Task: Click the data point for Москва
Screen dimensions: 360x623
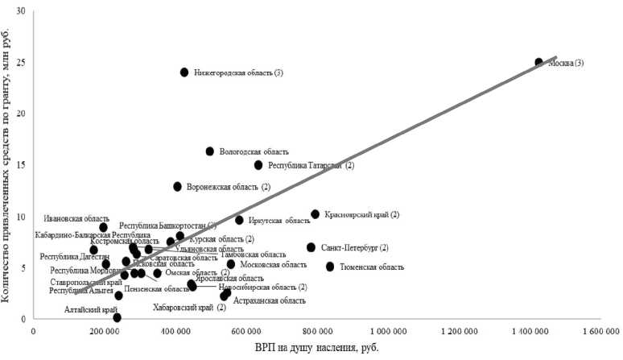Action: pyautogui.click(x=539, y=62)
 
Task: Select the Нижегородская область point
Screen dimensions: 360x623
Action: pyautogui.click(x=184, y=72)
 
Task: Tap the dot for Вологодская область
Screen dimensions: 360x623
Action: pyautogui.click(x=210, y=151)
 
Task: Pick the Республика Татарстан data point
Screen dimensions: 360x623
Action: pyautogui.click(x=258, y=165)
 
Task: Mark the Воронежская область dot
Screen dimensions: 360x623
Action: pyautogui.click(x=178, y=187)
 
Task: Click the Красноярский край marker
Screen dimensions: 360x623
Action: pyautogui.click(x=316, y=214)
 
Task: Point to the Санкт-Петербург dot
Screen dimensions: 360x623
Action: pyautogui.click(x=311, y=247)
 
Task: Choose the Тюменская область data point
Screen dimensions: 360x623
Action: pyautogui.click(x=330, y=267)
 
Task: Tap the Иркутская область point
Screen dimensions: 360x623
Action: pyautogui.click(x=239, y=220)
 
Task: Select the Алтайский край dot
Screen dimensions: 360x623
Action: pyautogui.click(x=118, y=317)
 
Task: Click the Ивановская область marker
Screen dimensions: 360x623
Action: pyautogui.click(x=104, y=228)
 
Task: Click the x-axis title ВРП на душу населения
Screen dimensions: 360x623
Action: pyautogui.click(x=319, y=348)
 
